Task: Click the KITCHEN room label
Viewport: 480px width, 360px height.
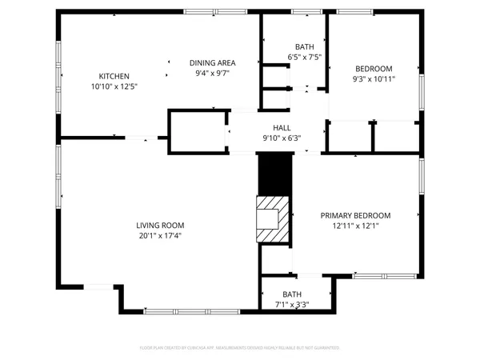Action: click(114, 76)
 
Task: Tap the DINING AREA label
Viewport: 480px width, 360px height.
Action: click(212, 62)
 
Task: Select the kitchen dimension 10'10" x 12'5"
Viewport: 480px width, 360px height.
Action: click(114, 86)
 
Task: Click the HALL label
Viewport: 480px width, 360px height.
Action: click(282, 127)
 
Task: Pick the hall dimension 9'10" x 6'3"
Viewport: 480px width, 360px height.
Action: click(282, 137)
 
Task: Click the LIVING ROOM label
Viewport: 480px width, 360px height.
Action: click(160, 226)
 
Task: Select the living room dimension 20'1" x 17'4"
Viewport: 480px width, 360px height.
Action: click(160, 236)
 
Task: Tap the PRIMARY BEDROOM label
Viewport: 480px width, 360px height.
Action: click(355, 215)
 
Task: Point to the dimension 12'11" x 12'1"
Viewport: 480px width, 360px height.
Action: click(355, 226)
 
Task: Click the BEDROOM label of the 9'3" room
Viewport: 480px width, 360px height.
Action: click(374, 69)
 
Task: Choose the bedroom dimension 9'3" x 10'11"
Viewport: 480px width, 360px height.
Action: click(374, 78)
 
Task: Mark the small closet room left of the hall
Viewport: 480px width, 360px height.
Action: click(197, 130)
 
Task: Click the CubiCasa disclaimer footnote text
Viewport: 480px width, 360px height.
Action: click(240, 348)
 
